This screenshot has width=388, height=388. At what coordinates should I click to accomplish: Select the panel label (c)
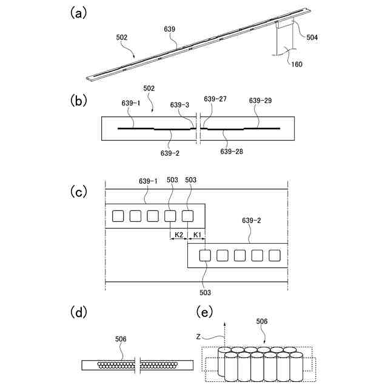(x=77, y=192)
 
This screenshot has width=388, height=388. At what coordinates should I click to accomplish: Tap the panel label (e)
(x=207, y=312)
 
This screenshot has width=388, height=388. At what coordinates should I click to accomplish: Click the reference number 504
(x=312, y=37)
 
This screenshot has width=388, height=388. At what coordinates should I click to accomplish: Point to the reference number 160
(x=296, y=64)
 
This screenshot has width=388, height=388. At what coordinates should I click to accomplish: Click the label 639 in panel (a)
(x=170, y=28)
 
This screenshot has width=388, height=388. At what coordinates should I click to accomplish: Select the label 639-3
(x=179, y=104)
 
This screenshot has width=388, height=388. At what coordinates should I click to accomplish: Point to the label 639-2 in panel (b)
(x=170, y=153)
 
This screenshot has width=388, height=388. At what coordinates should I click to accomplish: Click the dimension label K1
(x=196, y=235)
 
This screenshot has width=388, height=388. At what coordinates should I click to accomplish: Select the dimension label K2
(x=179, y=235)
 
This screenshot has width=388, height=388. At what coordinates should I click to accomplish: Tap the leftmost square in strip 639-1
(x=118, y=216)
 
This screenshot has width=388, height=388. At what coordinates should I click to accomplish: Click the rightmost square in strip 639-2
(x=274, y=255)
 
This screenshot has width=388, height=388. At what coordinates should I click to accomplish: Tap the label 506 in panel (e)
(x=261, y=321)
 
